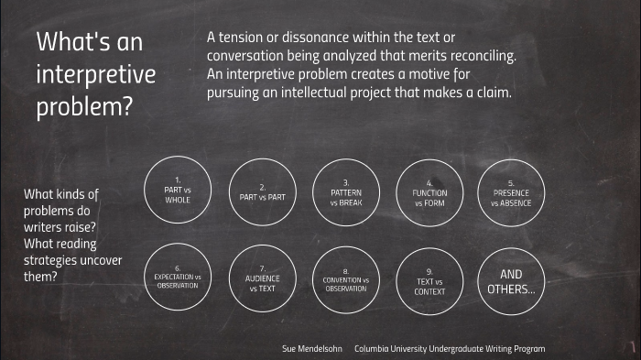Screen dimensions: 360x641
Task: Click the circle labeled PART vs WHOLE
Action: tap(178, 191)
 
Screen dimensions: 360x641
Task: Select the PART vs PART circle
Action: tap(262, 191)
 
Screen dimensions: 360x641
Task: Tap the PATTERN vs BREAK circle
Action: tap(346, 191)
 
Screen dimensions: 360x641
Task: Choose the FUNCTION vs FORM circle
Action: tap(429, 192)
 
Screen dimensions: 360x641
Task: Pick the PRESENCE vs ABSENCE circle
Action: tap(511, 192)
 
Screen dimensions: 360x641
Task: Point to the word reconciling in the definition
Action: tap(475, 57)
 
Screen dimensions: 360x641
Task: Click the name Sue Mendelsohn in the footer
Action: tap(311, 349)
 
